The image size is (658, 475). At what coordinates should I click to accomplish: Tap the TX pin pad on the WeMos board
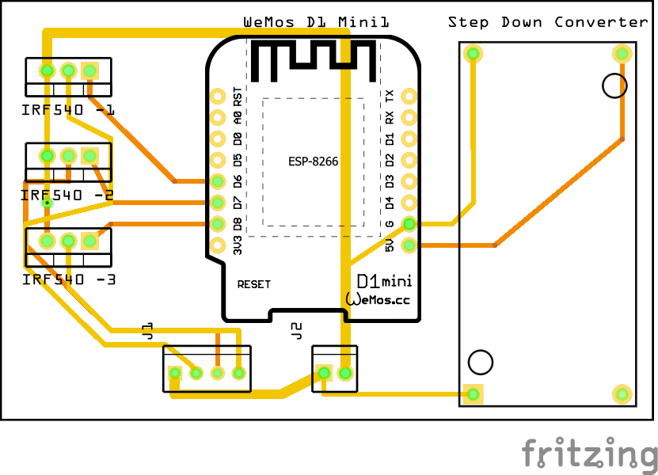(x=409, y=97)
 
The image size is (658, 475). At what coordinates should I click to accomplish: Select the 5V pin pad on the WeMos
(x=409, y=245)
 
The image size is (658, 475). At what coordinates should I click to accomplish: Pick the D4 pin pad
(x=409, y=203)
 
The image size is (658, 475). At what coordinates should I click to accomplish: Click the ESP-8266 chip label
(x=313, y=161)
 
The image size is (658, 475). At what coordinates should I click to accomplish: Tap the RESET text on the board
(x=253, y=284)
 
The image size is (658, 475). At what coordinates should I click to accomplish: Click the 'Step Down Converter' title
(x=548, y=22)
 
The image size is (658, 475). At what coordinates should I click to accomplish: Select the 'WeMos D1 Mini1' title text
(x=316, y=22)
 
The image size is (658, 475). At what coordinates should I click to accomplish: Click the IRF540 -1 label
(x=68, y=110)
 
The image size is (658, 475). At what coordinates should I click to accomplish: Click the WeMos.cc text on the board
(x=378, y=299)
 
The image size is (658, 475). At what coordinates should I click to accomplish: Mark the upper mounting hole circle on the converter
(x=614, y=85)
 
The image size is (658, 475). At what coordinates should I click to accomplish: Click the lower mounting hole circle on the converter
(x=480, y=362)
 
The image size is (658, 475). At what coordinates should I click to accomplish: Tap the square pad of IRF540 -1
(x=89, y=71)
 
